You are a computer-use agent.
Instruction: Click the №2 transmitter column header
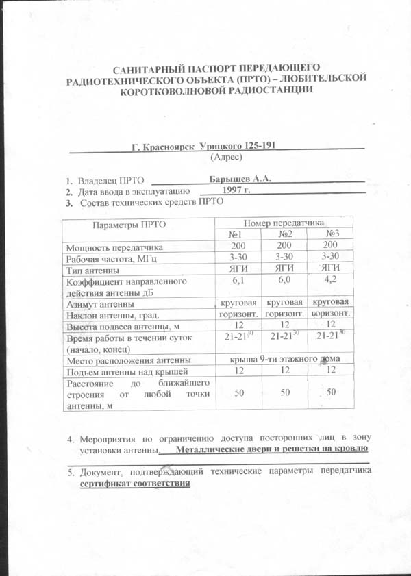(285, 234)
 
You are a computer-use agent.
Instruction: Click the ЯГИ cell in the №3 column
(331, 268)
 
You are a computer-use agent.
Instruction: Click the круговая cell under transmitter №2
(284, 302)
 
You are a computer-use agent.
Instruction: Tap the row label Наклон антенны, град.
(113, 315)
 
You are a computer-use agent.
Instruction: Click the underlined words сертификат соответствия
(134, 484)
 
